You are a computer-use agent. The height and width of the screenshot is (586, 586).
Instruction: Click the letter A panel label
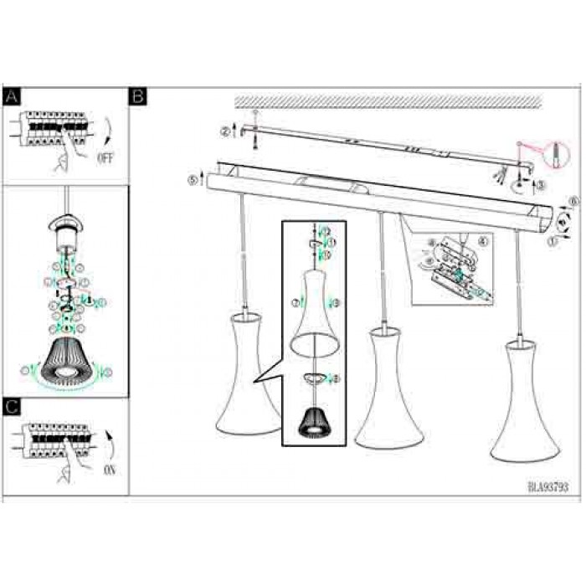[x=11, y=96]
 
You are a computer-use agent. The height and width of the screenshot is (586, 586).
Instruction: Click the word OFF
[x=105, y=157]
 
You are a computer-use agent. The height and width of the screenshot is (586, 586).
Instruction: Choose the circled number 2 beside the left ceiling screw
[x=224, y=131]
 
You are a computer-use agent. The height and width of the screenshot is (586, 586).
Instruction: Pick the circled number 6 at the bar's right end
[x=573, y=201]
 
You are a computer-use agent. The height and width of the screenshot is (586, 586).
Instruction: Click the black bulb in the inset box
[x=316, y=417]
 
